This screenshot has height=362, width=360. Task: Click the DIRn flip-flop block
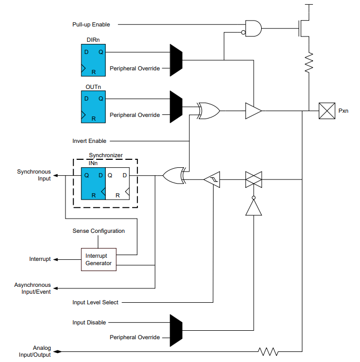point(93,61)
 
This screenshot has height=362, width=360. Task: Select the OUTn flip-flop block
point(93,107)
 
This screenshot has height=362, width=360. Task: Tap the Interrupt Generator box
point(99,259)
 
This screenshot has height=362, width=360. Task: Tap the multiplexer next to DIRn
point(176,60)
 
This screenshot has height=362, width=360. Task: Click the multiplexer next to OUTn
point(176,106)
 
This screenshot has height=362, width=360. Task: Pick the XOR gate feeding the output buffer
point(209,111)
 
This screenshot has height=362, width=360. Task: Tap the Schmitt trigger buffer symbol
point(213,180)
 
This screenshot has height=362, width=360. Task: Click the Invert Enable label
point(89,141)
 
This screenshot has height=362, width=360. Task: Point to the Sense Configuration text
point(99,231)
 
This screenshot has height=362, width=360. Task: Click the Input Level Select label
point(95,302)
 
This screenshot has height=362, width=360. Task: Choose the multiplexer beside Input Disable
point(176,330)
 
